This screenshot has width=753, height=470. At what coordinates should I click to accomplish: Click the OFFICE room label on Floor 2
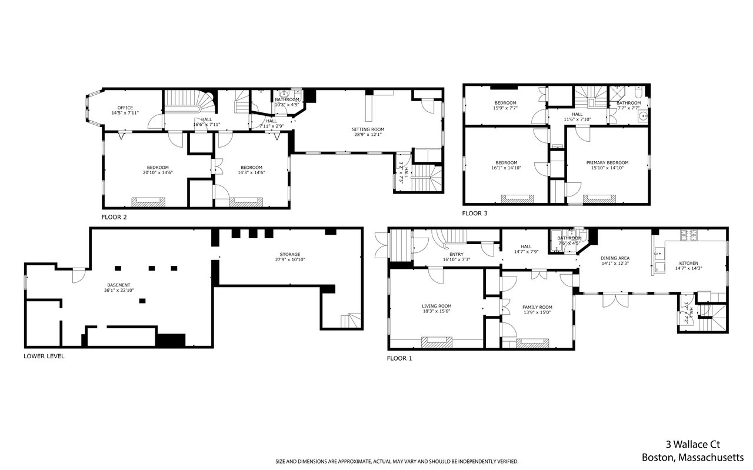(x=125, y=108)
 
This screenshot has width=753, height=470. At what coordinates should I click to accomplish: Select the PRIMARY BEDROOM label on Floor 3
(x=607, y=163)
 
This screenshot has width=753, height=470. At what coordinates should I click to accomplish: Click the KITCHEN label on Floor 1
(x=689, y=263)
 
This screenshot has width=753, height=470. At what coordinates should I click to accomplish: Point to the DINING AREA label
(x=615, y=258)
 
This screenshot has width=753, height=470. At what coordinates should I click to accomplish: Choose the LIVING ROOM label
(x=437, y=306)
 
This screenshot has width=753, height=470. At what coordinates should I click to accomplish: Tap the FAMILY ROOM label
(x=537, y=307)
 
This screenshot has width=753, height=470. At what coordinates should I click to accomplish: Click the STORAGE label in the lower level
(x=290, y=255)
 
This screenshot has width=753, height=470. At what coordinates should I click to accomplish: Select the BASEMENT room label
(x=118, y=285)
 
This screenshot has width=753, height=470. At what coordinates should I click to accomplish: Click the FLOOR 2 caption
(x=114, y=217)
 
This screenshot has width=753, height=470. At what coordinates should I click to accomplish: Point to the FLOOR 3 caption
(x=474, y=214)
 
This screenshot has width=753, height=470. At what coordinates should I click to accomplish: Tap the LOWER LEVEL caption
(x=44, y=356)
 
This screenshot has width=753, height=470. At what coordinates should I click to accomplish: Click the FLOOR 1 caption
(x=399, y=358)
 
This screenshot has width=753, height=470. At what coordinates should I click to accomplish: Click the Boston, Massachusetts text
(x=692, y=457)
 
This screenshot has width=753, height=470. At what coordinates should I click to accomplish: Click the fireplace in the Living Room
(x=437, y=342)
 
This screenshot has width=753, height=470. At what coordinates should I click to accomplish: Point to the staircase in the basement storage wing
(x=352, y=321)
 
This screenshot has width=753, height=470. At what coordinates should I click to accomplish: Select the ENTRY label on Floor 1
(x=457, y=254)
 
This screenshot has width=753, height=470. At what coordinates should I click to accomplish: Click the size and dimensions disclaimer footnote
(x=397, y=461)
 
